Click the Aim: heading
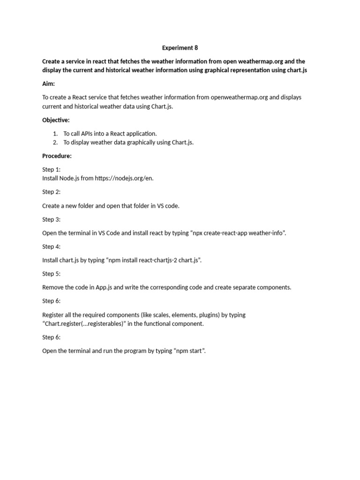(49, 83)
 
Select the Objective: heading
(56, 120)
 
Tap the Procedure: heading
(57, 156)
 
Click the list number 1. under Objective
(55, 134)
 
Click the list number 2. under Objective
(55, 142)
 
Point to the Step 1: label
(51, 170)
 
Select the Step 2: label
(51, 192)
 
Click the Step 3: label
(51, 219)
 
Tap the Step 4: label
(51, 247)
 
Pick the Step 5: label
(51, 274)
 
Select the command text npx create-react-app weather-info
(238, 233)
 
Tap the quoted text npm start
(188, 351)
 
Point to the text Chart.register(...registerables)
(83, 324)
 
